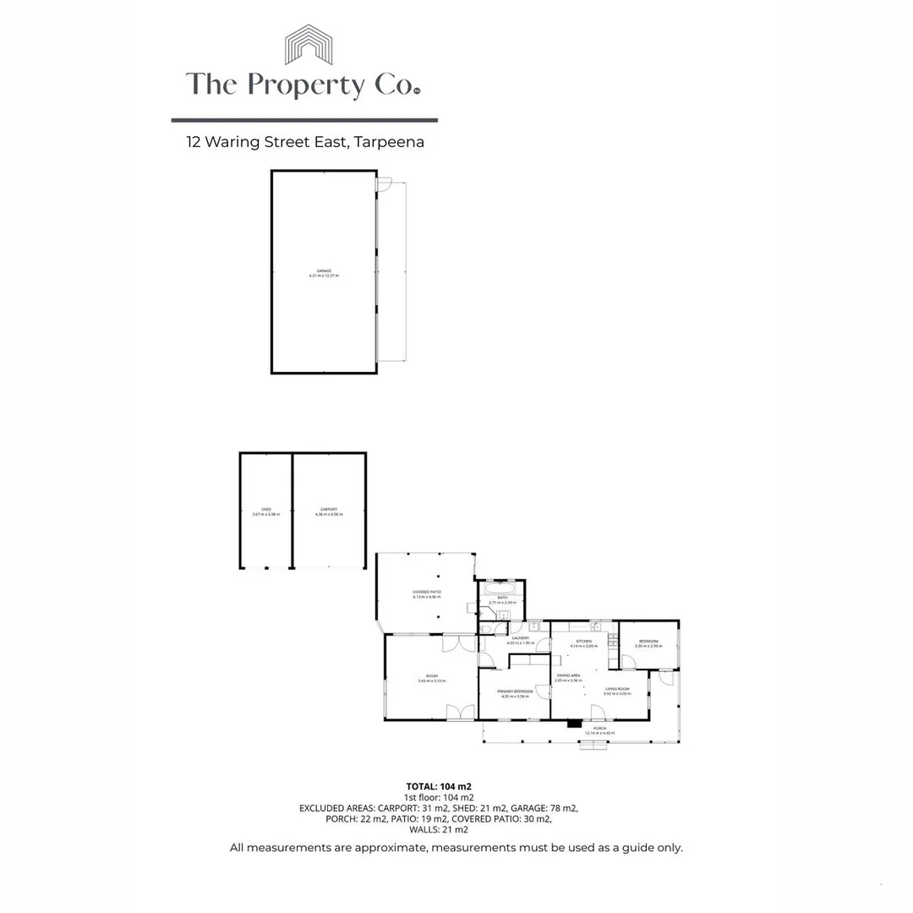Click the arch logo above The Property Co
tap(309, 44)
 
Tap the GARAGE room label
tap(324, 271)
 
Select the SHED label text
tap(265, 510)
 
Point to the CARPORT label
tap(329, 510)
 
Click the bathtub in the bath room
tap(501, 586)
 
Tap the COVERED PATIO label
tap(427, 592)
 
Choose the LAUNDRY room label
tap(519, 638)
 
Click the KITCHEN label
tap(584, 642)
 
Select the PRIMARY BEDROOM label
tap(515, 692)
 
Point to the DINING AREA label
tap(568, 675)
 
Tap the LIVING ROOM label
tap(617, 689)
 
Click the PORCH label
tap(599, 728)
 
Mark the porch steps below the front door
tap(593, 745)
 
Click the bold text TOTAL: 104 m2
tap(438, 786)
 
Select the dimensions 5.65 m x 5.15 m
tap(431, 681)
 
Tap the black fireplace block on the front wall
tap(574, 723)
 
